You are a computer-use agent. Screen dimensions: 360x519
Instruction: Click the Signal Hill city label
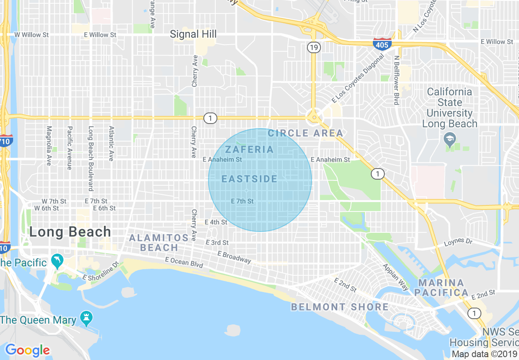(193, 34)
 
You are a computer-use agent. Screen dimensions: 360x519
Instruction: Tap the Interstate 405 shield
(382, 44)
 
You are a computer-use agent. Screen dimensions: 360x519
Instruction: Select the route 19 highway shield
(314, 48)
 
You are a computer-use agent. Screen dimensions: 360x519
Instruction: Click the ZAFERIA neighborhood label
(249, 149)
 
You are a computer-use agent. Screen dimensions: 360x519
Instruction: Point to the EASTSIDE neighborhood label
(250, 179)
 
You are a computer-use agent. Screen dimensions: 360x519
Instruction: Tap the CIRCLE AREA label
(305, 133)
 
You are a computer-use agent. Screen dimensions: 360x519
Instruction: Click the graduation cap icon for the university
(450, 139)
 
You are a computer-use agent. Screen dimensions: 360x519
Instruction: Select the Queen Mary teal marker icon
(87, 317)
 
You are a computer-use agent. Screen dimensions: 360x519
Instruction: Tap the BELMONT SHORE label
(340, 307)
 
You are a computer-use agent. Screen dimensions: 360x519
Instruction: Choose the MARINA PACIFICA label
(441, 288)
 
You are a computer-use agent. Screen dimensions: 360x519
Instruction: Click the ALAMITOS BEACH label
(159, 243)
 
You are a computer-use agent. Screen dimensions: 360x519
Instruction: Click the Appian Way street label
(395, 277)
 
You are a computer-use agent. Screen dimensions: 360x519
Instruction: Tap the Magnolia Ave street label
(49, 146)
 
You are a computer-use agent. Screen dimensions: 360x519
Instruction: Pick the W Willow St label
(32, 35)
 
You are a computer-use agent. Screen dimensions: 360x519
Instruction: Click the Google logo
(27, 350)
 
